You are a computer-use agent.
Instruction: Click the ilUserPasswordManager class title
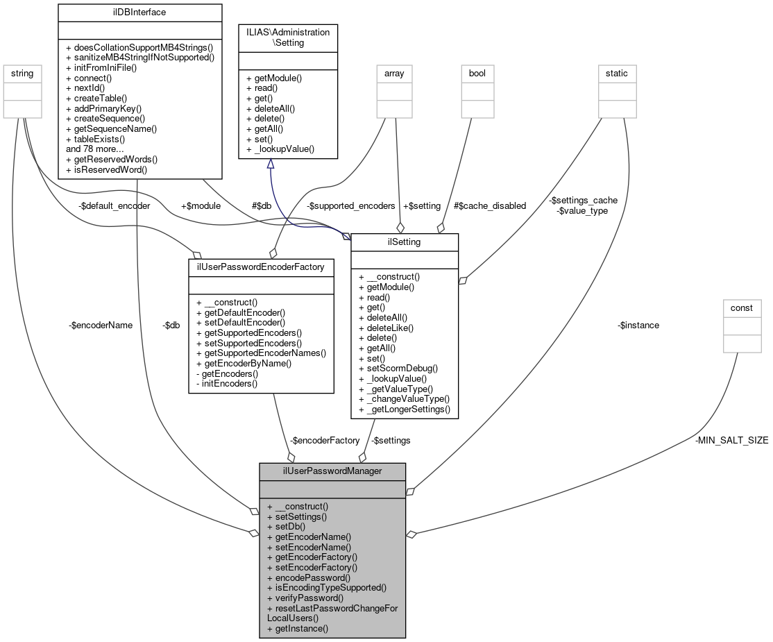click(332, 471)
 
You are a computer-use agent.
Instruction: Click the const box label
click(742, 307)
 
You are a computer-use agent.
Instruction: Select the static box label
click(618, 73)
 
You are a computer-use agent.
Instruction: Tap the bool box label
click(477, 73)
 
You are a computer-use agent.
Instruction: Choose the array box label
click(394, 73)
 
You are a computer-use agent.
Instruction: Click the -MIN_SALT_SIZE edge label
click(731, 440)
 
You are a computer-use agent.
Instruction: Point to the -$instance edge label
click(638, 325)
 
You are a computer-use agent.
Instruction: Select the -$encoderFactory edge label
click(325, 440)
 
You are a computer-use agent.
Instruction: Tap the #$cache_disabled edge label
click(490, 205)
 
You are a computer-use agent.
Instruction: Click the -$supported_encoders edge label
click(350, 205)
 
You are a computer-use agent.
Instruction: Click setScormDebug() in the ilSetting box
click(398, 369)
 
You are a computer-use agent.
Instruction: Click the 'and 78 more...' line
click(95, 149)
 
